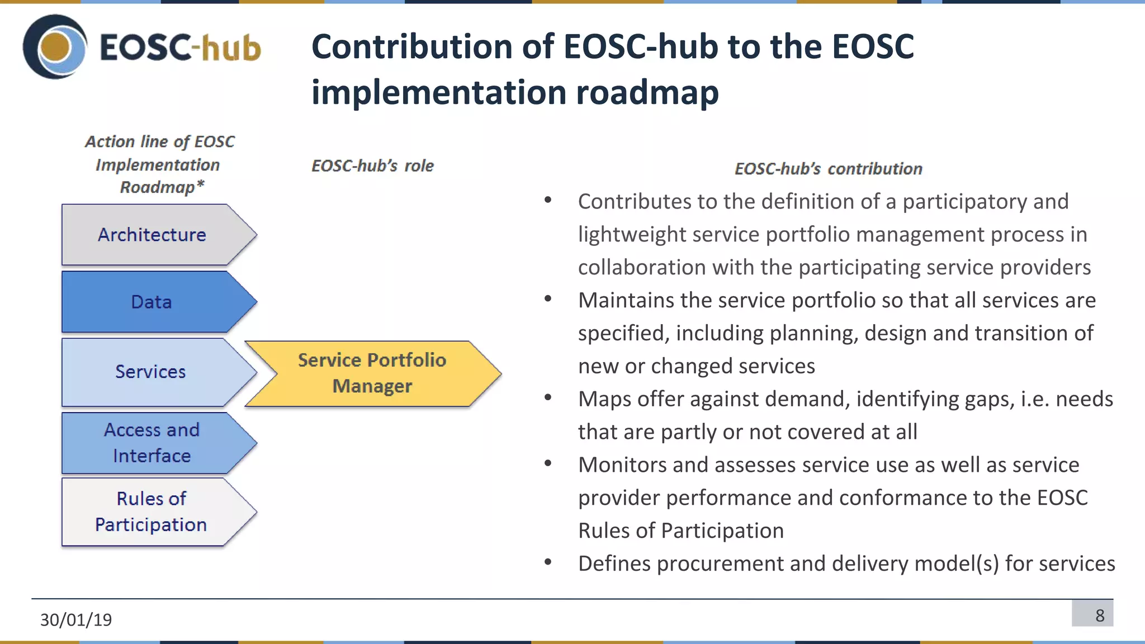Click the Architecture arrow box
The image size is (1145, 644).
[x=152, y=235]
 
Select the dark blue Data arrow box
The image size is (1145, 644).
[x=152, y=302]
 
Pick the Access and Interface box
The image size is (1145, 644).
[x=152, y=443]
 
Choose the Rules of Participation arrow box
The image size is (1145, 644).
[x=151, y=512]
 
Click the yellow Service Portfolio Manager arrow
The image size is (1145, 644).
[x=372, y=373]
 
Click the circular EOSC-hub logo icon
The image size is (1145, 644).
[x=55, y=47]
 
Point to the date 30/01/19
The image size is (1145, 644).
[x=76, y=619]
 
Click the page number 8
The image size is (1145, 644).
[x=1099, y=615]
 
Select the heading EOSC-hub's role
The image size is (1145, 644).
[x=372, y=166]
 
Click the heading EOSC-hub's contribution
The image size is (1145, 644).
[x=828, y=169]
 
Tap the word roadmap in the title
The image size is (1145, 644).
[x=647, y=92]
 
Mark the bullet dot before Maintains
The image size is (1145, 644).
[x=548, y=299]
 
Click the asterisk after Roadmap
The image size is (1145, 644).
[x=201, y=184]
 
